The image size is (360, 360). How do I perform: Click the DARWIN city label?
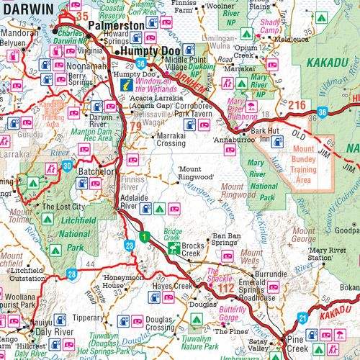pyautogui.click(x=27, y=9)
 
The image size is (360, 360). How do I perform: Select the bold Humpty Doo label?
pyautogui.click(x=148, y=53)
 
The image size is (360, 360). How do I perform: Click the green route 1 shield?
pyautogui.click(x=144, y=235)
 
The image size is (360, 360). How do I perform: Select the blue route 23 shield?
pyautogui.click(x=129, y=246)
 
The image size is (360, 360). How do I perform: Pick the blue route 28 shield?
pyautogui.click(x=71, y=274)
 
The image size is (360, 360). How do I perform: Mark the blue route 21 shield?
pyautogui.click(x=303, y=318)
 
